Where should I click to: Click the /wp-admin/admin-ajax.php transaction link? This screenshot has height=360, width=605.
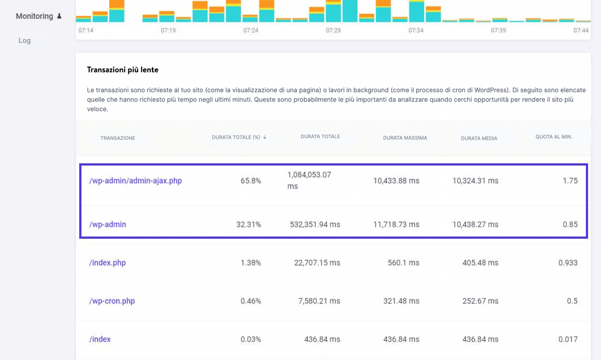click(x=135, y=181)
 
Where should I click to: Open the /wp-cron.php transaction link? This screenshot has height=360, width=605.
click(x=111, y=301)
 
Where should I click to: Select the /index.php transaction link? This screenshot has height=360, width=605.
click(x=107, y=263)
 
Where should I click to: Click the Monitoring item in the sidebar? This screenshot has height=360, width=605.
click(x=34, y=16)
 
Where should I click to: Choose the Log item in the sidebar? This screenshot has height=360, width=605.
click(x=25, y=40)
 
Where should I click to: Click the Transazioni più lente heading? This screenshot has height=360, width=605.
click(x=122, y=70)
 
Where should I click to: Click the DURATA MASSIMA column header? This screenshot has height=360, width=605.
click(x=405, y=138)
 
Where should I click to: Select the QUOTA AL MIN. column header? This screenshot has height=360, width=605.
click(x=554, y=137)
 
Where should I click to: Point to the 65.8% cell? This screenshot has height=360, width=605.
click(x=251, y=181)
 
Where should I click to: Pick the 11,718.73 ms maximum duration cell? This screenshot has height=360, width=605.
click(x=396, y=225)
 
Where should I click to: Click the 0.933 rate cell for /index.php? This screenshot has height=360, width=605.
click(x=568, y=263)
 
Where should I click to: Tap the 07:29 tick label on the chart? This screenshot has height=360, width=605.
click(x=333, y=31)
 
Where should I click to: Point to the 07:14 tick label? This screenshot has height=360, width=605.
click(x=86, y=31)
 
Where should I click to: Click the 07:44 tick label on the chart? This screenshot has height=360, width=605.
click(x=581, y=31)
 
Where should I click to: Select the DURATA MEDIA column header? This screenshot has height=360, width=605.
click(x=479, y=139)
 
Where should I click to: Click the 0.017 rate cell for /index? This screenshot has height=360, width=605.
click(x=568, y=339)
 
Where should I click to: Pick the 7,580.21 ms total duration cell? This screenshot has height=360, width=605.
click(x=317, y=301)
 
